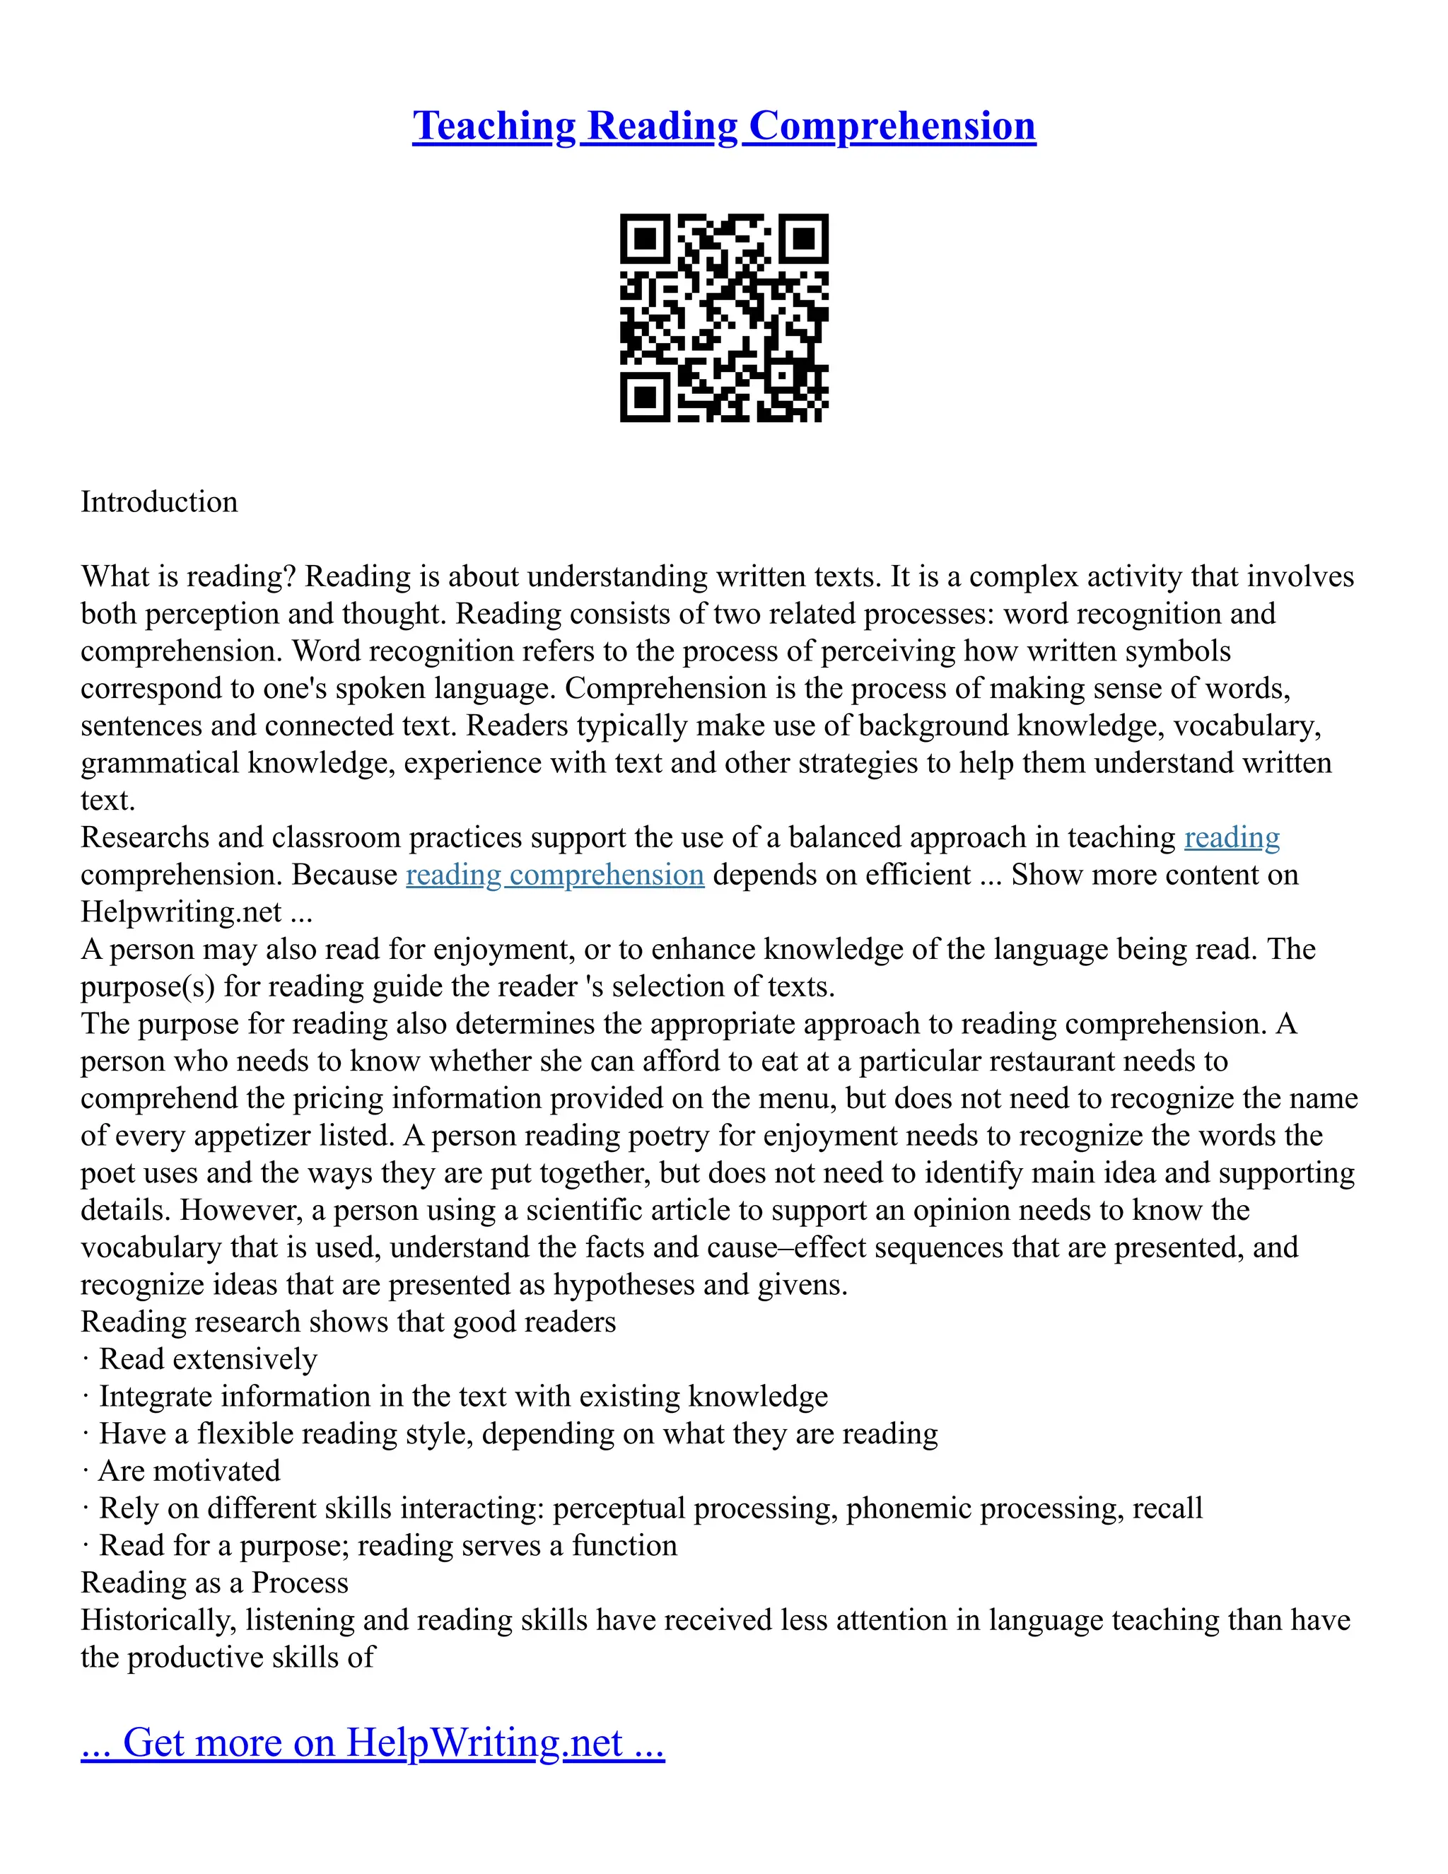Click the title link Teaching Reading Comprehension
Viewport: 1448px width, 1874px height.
pyautogui.click(x=724, y=126)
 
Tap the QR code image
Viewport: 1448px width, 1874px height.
pyautogui.click(x=724, y=318)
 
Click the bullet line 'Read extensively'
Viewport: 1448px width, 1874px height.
pyautogui.click(x=208, y=1359)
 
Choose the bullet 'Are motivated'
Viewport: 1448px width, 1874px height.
pyautogui.click(x=189, y=1471)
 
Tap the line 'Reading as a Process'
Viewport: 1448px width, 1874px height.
pyautogui.click(x=214, y=1582)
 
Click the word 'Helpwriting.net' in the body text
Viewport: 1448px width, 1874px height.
pyautogui.click(x=181, y=912)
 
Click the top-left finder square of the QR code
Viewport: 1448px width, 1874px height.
pyautogui.click(x=645, y=238)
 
